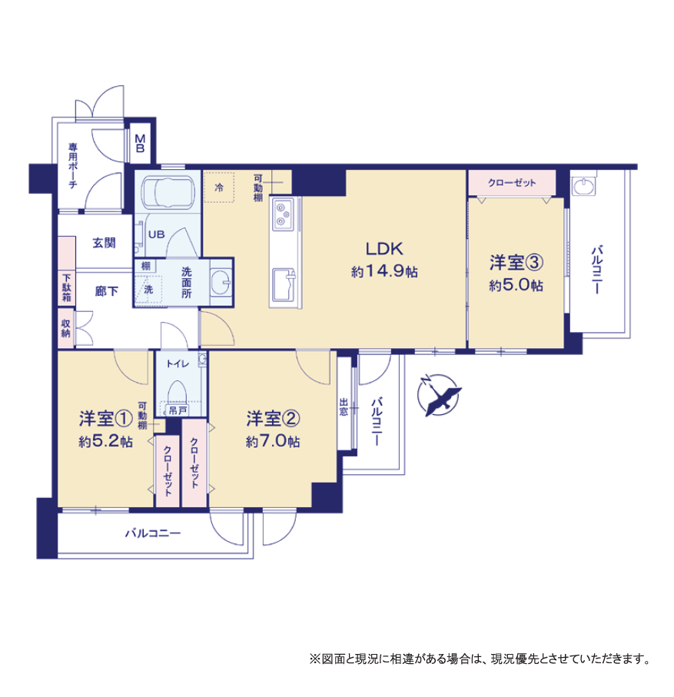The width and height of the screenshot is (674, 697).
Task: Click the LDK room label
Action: coord(384,249)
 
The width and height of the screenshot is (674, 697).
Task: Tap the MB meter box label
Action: coord(140,144)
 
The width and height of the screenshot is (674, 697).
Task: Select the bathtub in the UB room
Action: coord(168,191)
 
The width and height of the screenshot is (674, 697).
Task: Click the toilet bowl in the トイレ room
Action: coord(178,392)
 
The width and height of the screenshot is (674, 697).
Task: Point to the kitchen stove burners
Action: coord(284,214)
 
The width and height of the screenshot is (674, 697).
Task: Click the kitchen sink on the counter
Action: coord(284,285)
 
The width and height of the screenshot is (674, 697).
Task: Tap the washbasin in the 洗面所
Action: coord(221,282)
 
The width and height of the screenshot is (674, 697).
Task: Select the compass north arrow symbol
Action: coord(440,395)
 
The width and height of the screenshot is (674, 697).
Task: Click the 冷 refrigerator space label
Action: coord(219,188)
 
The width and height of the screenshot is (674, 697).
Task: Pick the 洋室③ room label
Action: coord(516,262)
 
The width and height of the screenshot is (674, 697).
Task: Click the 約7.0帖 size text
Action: coord(273,441)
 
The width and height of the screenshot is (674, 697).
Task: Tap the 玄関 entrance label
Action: coord(104,243)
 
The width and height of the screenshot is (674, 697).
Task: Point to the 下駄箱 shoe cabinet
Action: coord(66,287)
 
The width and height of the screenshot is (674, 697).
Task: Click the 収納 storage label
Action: coord(66,328)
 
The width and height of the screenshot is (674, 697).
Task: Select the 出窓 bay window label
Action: coord(344,407)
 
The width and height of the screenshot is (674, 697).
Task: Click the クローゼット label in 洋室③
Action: coord(512,183)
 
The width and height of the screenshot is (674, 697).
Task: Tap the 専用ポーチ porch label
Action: coord(72,165)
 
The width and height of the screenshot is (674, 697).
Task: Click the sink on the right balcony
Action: coord(584,186)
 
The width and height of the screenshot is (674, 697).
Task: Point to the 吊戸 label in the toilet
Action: coord(178,410)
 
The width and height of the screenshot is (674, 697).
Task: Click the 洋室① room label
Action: coord(106,418)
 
